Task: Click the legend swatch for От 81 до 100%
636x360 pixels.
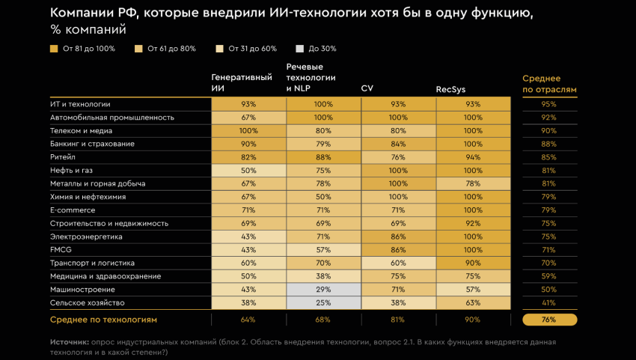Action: [54, 49]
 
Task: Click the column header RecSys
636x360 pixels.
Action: [451, 89]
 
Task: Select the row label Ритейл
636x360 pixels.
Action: [62, 157]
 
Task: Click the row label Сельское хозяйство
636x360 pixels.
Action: [87, 303]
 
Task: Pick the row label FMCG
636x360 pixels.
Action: [61, 250]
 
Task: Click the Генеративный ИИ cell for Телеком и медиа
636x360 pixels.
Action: [248, 131]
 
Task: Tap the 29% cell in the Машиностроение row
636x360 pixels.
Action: [323, 290]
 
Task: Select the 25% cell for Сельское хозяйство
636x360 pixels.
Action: [323, 303]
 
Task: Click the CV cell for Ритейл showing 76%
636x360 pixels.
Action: [398, 157]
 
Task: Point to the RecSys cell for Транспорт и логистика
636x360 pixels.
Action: [473, 263]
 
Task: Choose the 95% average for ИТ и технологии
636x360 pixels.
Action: [549, 104]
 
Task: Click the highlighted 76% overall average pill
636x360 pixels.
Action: [549, 320]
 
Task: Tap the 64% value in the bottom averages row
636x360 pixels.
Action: [248, 320]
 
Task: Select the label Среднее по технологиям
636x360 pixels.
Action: [103, 320]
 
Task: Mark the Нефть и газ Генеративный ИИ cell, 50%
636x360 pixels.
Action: [248, 171]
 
